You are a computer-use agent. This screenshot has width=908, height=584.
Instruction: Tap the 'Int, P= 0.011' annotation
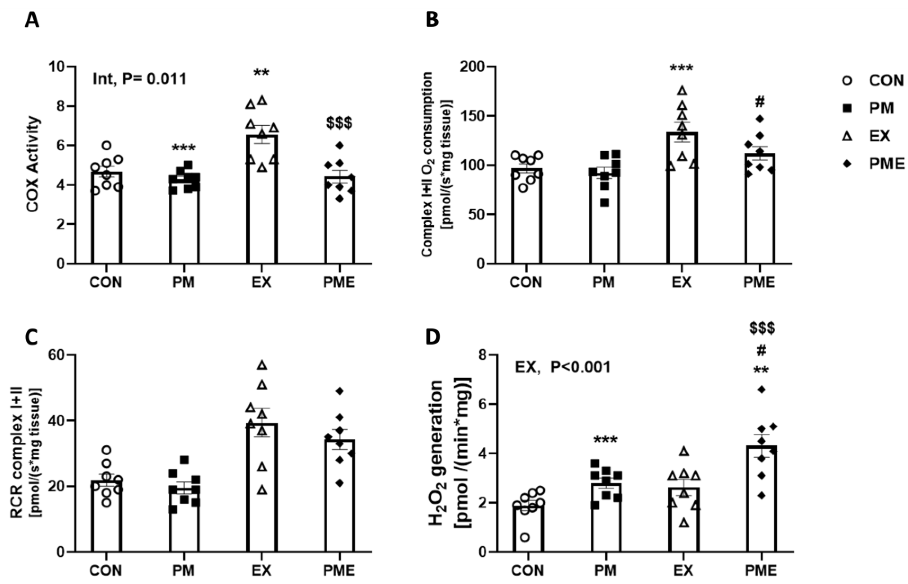pyautogui.click(x=140, y=79)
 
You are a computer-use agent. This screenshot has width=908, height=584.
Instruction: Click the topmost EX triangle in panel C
pyautogui.click(x=262, y=365)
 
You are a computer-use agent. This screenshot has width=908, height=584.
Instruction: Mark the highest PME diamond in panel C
pyautogui.click(x=340, y=391)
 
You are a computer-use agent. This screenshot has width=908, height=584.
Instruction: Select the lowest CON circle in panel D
pyautogui.click(x=524, y=537)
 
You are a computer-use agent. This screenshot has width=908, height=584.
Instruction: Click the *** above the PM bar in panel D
pyautogui.click(x=605, y=440)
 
